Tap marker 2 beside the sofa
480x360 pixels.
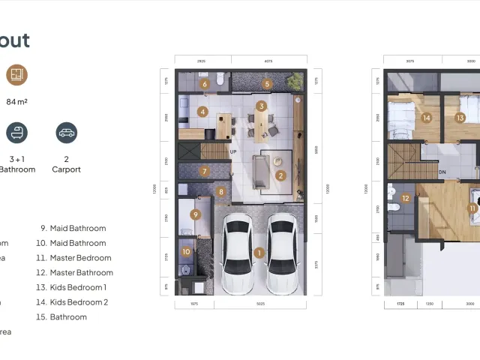[280, 176]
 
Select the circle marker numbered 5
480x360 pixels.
[267, 84]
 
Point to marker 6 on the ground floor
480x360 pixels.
[205, 84]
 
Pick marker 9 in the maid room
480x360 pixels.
[196, 214]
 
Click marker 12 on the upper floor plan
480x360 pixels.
[405, 199]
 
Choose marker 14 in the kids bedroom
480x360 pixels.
[427, 118]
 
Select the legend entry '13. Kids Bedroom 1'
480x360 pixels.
[73, 287]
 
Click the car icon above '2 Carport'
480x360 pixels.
[67, 133]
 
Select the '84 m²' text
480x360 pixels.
[16, 101]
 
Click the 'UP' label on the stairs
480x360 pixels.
[233, 151]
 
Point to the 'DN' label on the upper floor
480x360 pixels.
[442, 172]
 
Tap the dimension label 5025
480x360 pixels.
[260, 304]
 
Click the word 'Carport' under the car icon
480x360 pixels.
[67, 169]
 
